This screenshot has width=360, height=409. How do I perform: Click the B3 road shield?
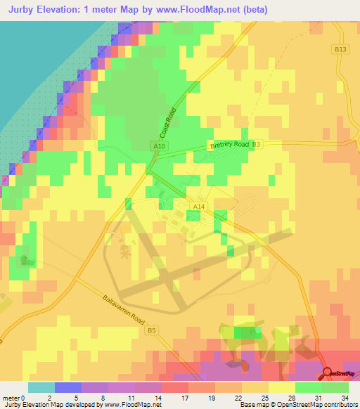(256, 144)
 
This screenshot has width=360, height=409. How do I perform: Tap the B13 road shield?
(340, 49)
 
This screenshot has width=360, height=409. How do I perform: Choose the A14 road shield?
(199, 206)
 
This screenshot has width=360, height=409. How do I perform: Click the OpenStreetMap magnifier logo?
(327, 372)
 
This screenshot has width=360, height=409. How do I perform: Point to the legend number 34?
(345, 397)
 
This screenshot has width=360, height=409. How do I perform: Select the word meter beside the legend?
(11, 397)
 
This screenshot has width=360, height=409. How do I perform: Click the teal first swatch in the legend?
(41, 387)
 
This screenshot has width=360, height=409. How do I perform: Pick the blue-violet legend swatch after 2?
(67, 387)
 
